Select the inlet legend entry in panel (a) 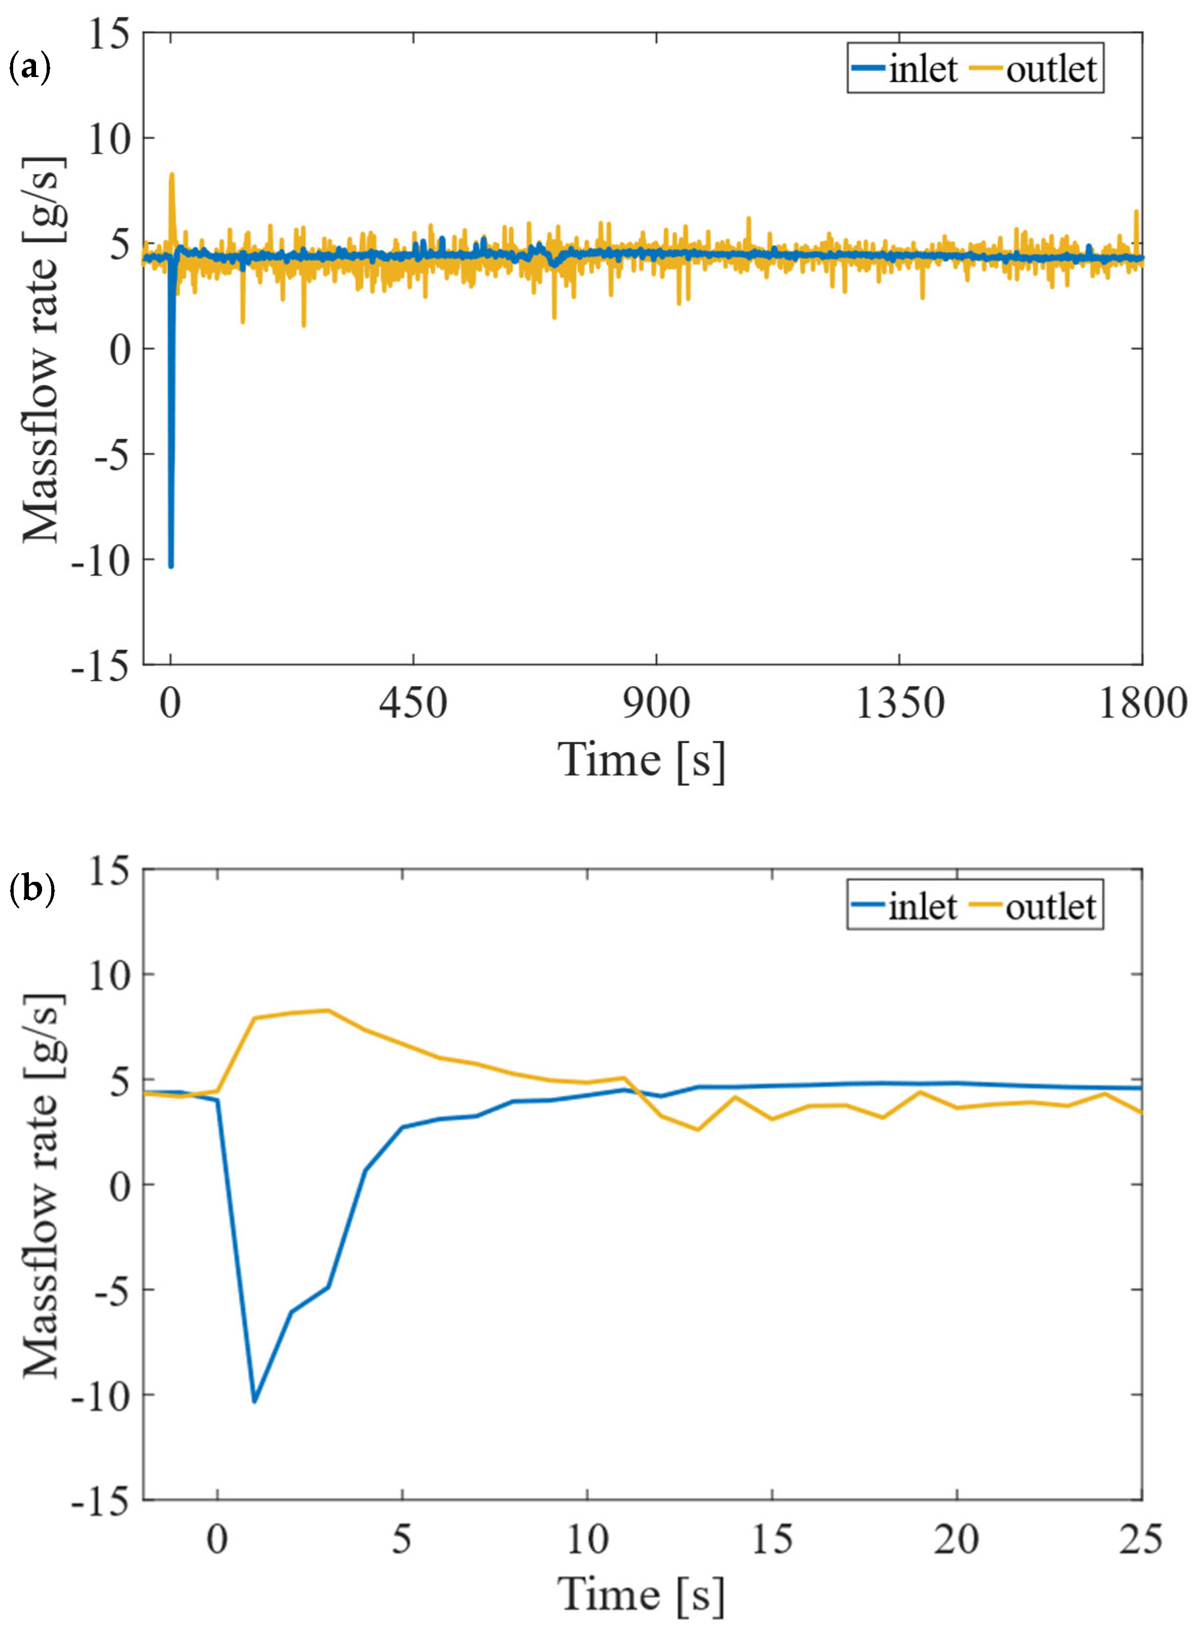pyautogui.click(x=905, y=69)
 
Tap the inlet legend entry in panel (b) pyautogui.click(x=905, y=906)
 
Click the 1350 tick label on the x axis pyautogui.click(x=900, y=703)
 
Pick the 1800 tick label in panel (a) pyautogui.click(x=1141, y=703)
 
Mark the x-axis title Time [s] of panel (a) pyautogui.click(x=641, y=761)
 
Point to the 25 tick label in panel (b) pyautogui.click(x=1140, y=1539)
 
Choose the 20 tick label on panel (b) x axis pyautogui.click(x=956, y=1539)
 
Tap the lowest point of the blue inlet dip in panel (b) pyautogui.click(x=254, y=1402)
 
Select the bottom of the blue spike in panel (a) pyautogui.click(x=171, y=566)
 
